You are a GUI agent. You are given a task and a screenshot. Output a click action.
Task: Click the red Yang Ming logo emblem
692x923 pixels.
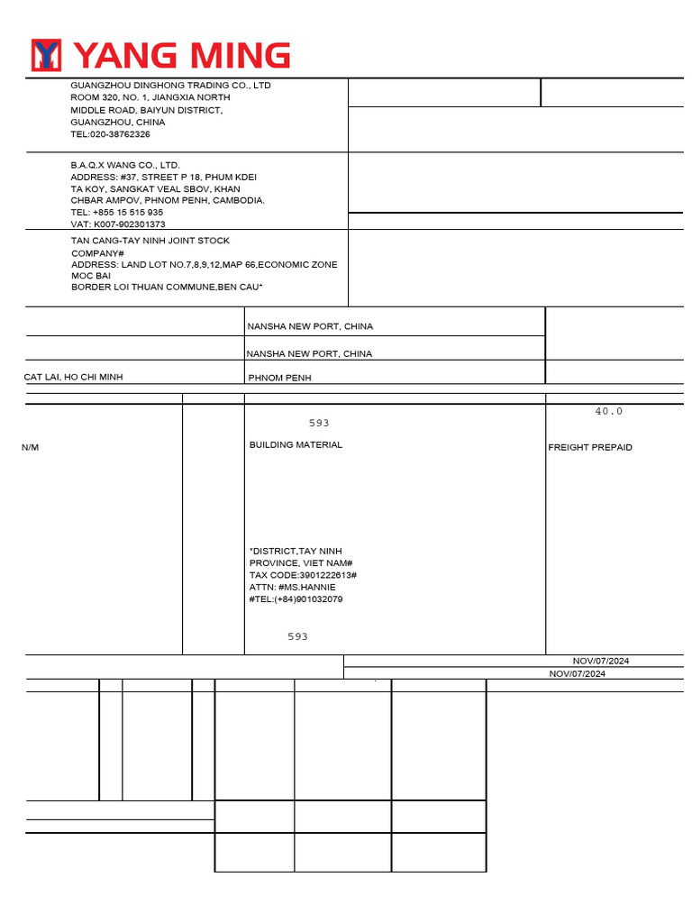(x=46, y=55)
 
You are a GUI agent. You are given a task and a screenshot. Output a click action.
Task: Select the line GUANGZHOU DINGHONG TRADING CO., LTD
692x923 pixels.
(x=170, y=86)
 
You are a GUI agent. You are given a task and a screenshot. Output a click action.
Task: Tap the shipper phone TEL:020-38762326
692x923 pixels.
(x=111, y=134)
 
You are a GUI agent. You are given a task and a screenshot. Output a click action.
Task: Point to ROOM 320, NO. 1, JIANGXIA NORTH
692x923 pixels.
(x=150, y=97)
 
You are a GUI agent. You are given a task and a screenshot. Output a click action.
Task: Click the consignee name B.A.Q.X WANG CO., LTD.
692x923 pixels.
(x=125, y=166)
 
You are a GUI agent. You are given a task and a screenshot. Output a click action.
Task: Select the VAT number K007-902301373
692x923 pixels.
(x=118, y=224)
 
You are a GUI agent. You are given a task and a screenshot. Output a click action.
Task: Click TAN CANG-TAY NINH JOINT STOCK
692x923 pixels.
(x=150, y=241)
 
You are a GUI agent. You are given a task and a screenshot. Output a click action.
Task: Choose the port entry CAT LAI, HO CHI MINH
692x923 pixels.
(x=73, y=377)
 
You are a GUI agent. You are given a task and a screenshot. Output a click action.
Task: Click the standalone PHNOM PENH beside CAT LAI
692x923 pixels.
(x=279, y=379)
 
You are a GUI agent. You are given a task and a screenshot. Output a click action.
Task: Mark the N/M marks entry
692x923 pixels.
(x=31, y=448)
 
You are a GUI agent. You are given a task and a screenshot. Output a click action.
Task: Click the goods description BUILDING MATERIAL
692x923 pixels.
(x=296, y=445)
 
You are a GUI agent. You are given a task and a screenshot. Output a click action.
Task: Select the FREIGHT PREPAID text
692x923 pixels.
(x=590, y=448)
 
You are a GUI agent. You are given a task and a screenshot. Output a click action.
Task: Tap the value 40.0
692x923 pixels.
(x=608, y=411)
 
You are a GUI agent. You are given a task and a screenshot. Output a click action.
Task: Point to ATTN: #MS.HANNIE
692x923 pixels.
(x=292, y=587)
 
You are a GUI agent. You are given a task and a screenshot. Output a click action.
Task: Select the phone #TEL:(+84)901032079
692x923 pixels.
(x=296, y=599)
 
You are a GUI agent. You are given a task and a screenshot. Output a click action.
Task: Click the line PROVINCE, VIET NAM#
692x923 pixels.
(x=300, y=563)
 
